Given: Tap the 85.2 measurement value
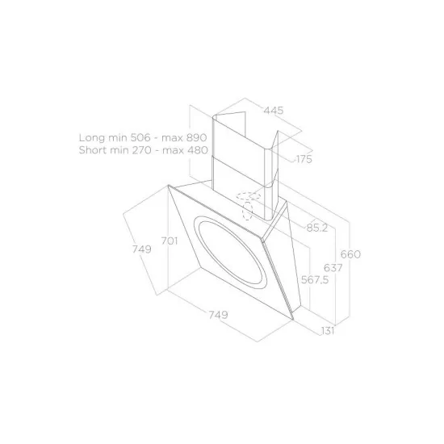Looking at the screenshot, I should [316, 228].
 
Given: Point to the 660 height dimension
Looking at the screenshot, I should [350, 254].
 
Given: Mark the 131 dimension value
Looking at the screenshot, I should [327, 329].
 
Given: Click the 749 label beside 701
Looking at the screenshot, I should [142, 250].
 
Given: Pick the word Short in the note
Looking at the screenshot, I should [94, 150].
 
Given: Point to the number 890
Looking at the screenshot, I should [196, 138].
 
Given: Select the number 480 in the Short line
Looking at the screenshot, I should [196, 150].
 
